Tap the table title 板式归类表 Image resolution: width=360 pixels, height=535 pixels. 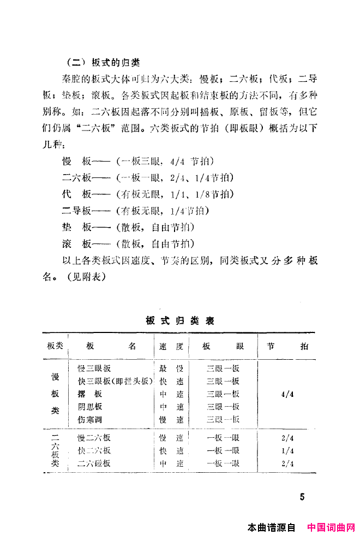[x=180, y=320]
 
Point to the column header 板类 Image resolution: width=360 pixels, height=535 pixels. [x=55, y=346]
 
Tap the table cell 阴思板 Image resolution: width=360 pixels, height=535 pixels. [x=90, y=407]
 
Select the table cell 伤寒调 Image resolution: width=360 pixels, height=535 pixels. [x=90, y=419]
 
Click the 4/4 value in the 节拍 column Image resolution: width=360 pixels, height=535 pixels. [x=288, y=394]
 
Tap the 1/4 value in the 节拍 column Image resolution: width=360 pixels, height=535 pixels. [x=288, y=451]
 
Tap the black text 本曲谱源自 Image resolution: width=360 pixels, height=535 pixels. [x=271, y=528]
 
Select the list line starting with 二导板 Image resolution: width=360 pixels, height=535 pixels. [x=137, y=210]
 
